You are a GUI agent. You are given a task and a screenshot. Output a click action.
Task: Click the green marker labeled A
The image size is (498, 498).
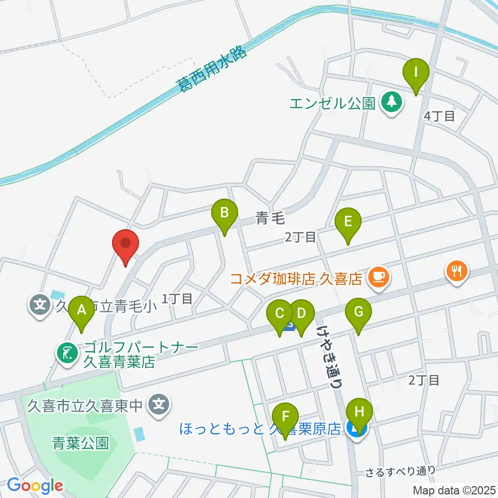pyautogui.click(x=81, y=313)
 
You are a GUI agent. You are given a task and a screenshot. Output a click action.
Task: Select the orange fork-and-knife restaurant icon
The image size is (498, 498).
pyautogui.click(x=457, y=271)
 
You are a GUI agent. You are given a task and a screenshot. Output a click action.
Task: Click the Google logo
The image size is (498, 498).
pyautogui.click(x=35, y=486)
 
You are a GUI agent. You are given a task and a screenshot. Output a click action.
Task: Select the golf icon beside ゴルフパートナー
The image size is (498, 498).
pyautogui.click(x=66, y=354)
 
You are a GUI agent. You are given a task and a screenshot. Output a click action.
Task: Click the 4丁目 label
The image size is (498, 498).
pyautogui.click(x=439, y=116)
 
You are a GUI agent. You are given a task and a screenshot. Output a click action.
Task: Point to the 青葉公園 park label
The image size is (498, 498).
pyautogui.click(x=80, y=442)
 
